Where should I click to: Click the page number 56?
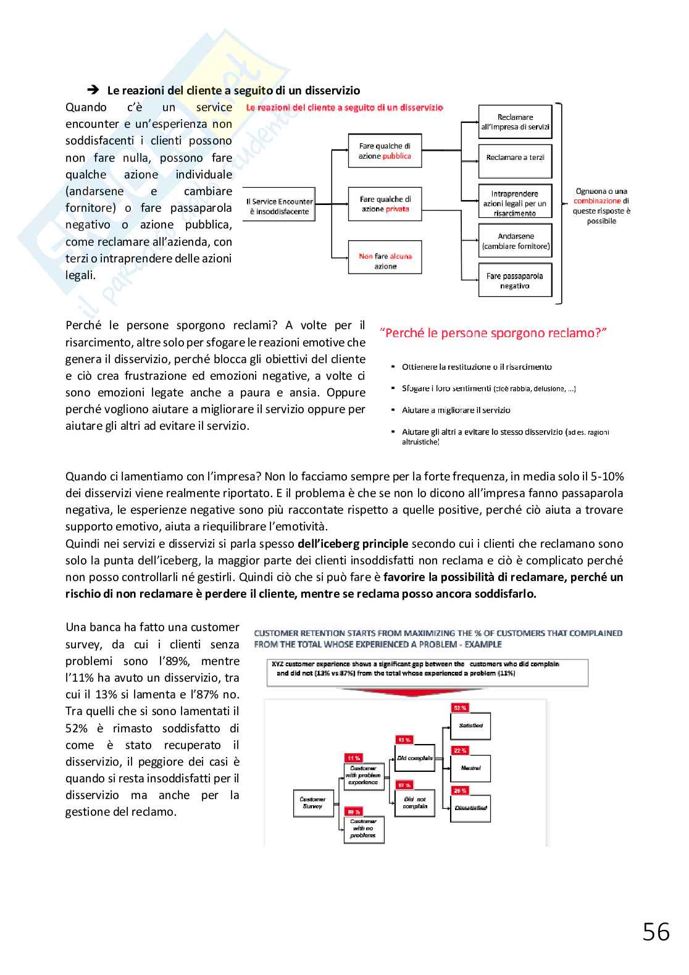pyautogui.click(x=656, y=931)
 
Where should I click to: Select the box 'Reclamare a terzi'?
pyautogui.click(x=515, y=157)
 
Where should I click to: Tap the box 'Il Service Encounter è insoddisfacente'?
pyautogui.click(x=279, y=206)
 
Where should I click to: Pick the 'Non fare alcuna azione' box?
pyautogui.click(x=385, y=261)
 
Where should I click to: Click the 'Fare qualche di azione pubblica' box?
pyautogui.click(x=385, y=151)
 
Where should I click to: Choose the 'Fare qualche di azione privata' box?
pyautogui.click(x=385, y=204)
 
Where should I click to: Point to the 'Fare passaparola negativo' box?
pyautogui.click(x=515, y=281)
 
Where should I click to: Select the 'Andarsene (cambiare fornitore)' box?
pyautogui.click(x=515, y=241)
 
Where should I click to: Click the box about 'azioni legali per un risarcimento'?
pyautogui.click(x=515, y=203)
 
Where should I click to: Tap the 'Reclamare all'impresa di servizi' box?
pyautogui.click(x=515, y=122)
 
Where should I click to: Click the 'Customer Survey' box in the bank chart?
pyautogui.click(x=312, y=802)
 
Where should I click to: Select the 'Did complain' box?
pyautogui.click(x=415, y=758)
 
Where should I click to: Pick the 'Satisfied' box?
pyautogui.click(x=470, y=726)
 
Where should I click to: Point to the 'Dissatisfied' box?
pyautogui.click(x=470, y=808)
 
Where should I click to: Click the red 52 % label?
pyautogui.click(x=460, y=708)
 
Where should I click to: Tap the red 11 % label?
pyautogui.click(x=354, y=758)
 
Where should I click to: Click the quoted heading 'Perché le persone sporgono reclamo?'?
pyautogui.click(x=493, y=333)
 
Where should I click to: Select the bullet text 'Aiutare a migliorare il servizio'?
pyautogui.click(x=456, y=410)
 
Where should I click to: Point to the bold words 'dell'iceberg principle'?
pyautogui.click(x=353, y=544)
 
